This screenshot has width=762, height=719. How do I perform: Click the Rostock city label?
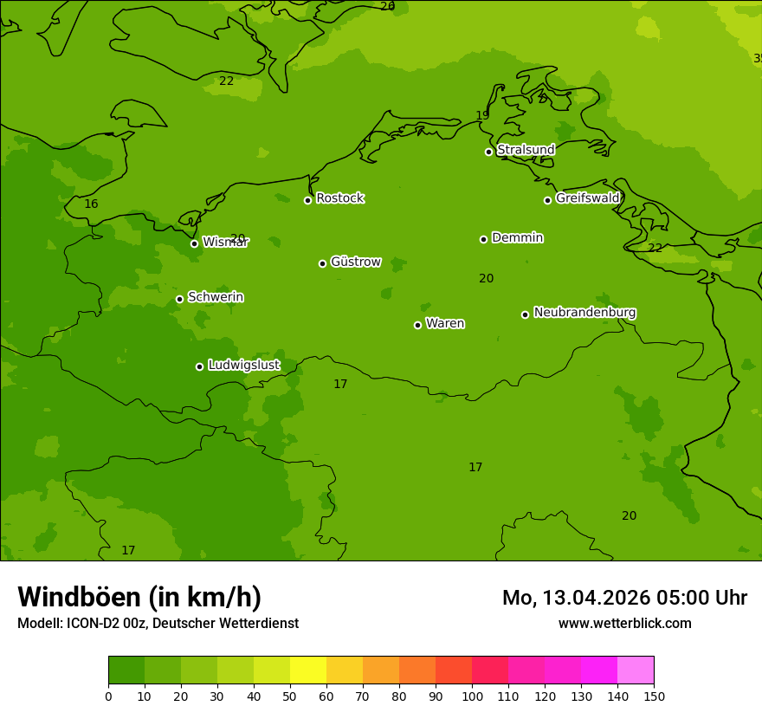pos(339,198)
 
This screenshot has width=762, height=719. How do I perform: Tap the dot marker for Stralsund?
pos(488,152)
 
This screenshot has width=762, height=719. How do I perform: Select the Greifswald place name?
pos(587,198)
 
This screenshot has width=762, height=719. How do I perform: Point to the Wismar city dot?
pos(194,243)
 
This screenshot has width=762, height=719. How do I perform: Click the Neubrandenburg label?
pos(584,313)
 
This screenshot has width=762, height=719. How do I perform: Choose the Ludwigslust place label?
pos(243,366)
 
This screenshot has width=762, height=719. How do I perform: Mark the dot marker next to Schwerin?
pos(179,299)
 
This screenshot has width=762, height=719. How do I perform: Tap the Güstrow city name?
pos(355,262)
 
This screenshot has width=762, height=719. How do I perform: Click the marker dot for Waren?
pos(417,325)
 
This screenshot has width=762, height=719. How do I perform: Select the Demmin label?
pos(517,237)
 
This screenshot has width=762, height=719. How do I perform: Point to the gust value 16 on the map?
pos(91,204)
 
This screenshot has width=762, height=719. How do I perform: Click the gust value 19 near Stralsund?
pos(482,116)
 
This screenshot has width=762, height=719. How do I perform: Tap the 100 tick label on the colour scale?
pos(472,696)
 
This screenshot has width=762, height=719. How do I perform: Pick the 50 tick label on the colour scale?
pos(290,696)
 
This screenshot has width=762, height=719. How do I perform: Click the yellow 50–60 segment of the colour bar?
pos(308,670)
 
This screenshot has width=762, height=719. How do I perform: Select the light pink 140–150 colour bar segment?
pos(636,670)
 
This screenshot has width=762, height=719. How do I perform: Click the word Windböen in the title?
pos(79,597)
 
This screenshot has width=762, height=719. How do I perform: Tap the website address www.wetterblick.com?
pos(624,624)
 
